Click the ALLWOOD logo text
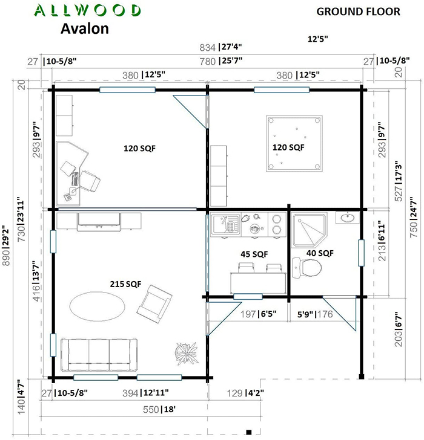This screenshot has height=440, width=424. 87,10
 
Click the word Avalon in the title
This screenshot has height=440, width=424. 85,28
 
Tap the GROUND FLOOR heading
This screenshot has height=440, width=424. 358,11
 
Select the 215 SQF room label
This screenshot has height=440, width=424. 125,284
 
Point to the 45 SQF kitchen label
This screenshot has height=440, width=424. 254,254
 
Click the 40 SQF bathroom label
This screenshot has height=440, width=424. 320,253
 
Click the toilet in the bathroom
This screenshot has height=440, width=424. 306,268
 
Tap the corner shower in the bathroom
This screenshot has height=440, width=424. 310,230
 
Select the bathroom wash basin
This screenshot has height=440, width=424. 348,218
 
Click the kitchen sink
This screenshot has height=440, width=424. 226,224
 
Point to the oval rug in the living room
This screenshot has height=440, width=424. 98,306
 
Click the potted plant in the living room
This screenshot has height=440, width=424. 186,353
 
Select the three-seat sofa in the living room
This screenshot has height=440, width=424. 99,355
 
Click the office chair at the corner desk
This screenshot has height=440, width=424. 90,181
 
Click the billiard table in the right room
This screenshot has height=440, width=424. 294,143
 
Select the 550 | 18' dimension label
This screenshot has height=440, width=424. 159,409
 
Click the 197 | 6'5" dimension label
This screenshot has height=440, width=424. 259,314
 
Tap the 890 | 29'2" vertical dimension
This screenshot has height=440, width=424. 6,245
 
